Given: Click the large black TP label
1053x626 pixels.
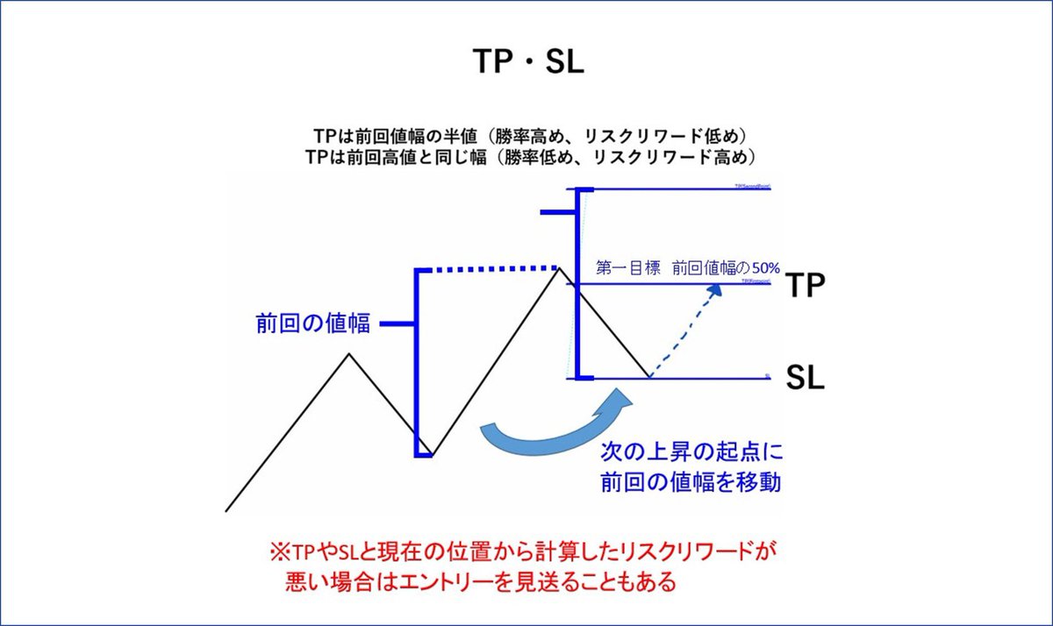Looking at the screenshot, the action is [805, 286].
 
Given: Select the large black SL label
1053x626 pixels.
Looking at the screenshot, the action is [805, 379].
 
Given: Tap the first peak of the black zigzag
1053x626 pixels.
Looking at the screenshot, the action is [349, 353].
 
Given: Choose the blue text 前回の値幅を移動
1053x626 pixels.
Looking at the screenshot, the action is [691, 482].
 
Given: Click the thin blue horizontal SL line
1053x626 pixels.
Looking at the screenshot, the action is [702, 379].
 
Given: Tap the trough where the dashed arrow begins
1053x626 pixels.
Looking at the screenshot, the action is [649, 378].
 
